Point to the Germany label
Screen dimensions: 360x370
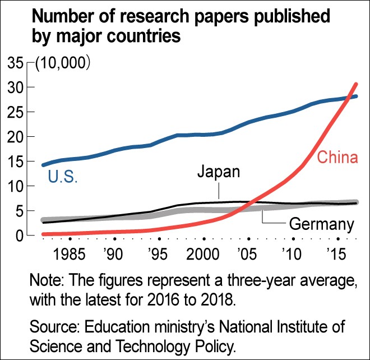tap(321, 225)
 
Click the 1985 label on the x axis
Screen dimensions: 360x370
tap(70, 256)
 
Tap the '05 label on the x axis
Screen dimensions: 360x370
tap(248, 256)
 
